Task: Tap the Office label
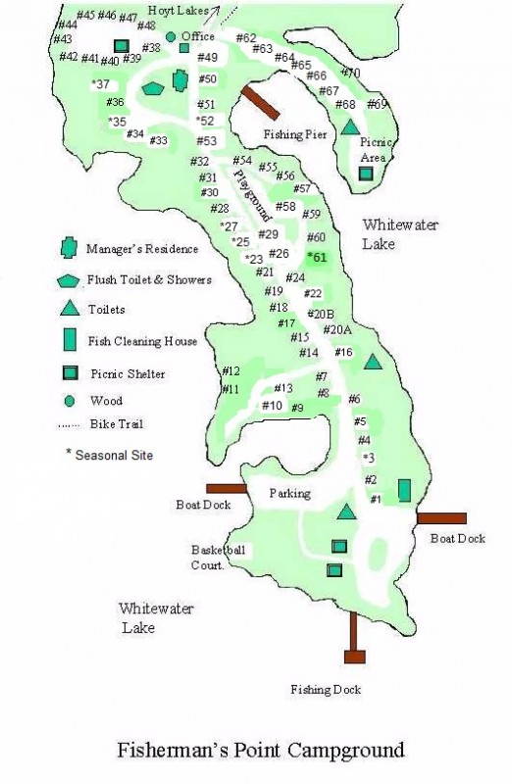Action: pos(197,36)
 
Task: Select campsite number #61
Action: pos(316,257)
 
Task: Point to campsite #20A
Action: pos(336,330)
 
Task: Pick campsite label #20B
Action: pos(321,314)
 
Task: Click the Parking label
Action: pos(289,493)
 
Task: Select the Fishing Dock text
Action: pos(325,690)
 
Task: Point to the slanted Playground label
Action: pos(251,193)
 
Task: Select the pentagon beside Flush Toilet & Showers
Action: pos(68,279)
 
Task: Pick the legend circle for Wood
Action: pos(68,401)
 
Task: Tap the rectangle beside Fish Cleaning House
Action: pos(68,340)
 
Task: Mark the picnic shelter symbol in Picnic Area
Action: pos(365,173)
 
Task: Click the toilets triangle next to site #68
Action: pos(350,127)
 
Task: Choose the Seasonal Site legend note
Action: pos(109,455)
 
